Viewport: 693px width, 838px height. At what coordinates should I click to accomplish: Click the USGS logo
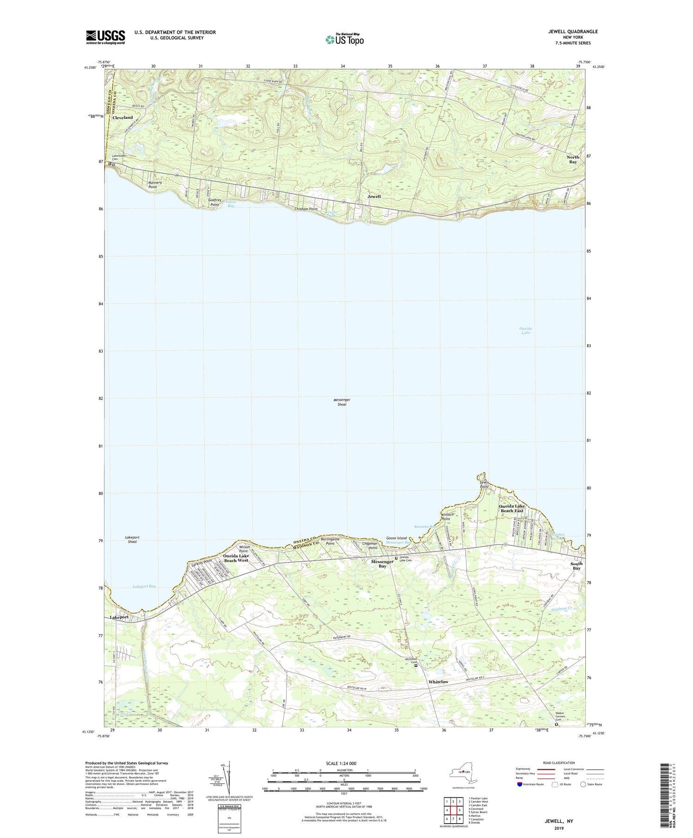pyautogui.click(x=105, y=37)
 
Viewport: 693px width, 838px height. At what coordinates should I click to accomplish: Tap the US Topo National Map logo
pyautogui.click(x=344, y=39)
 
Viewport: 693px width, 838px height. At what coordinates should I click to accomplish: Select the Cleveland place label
pyautogui.click(x=122, y=117)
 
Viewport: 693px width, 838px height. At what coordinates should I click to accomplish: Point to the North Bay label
pyautogui.click(x=573, y=159)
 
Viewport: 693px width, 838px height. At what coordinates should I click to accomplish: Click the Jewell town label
pyautogui.click(x=374, y=196)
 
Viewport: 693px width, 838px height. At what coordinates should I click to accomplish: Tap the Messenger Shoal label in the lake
pyautogui.click(x=342, y=402)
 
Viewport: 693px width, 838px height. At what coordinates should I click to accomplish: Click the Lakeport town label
pyautogui.click(x=119, y=617)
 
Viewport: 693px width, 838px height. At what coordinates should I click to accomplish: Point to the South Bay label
pyautogui.click(x=576, y=566)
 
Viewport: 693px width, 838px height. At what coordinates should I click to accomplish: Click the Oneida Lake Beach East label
pyautogui.click(x=511, y=508)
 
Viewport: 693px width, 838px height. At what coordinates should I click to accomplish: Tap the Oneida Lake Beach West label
pyautogui.click(x=236, y=558)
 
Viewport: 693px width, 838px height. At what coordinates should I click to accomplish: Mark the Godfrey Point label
pyautogui.click(x=213, y=202)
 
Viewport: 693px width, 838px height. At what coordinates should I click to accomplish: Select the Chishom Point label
pyautogui.click(x=306, y=209)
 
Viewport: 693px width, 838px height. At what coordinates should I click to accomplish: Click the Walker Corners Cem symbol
pyautogui.click(x=556, y=725)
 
